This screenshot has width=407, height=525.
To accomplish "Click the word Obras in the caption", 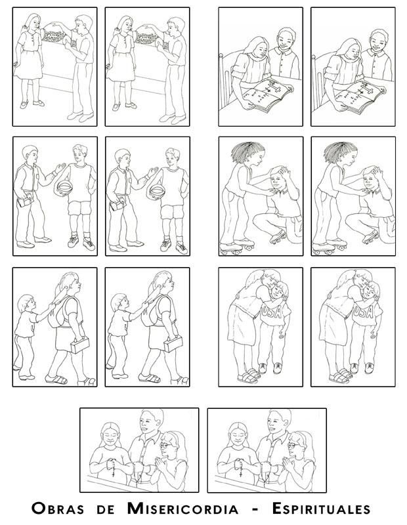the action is [58, 509].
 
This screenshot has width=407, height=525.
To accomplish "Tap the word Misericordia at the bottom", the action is [182, 509].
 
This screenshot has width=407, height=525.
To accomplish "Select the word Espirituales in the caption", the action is [321, 509].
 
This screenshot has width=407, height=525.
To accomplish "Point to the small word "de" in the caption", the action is [106, 510].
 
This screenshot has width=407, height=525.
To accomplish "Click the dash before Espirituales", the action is [255, 510].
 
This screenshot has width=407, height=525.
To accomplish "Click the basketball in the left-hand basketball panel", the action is [64, 188].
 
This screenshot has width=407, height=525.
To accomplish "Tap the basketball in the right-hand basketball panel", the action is [157, 192].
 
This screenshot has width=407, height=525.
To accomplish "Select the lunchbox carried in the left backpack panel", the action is [79, 345].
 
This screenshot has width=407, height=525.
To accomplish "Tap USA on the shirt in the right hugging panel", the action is [363, 312].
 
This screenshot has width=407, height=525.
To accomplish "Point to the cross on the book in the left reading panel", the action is [272, 88].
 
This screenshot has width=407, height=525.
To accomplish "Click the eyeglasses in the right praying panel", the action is [293, 445].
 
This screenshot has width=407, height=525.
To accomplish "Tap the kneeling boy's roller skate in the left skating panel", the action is [278, 237].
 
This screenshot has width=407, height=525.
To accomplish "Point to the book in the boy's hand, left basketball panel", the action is [26, 200].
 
